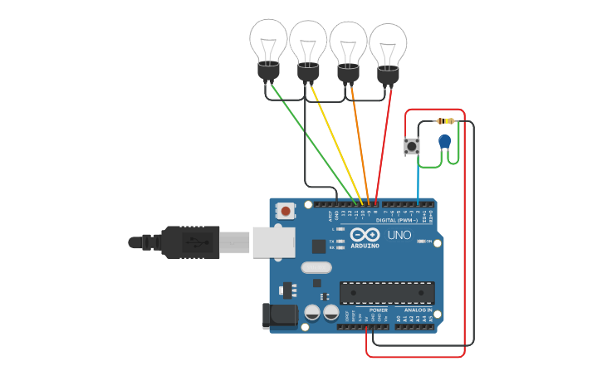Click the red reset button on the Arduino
(x=286, y=211)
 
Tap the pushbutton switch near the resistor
(x=411, y=146)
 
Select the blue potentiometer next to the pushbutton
(x=445, y=141)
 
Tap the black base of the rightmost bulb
(x=388, y=76)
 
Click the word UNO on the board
(x=399, y=235)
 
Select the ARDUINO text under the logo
(x=365, y=246)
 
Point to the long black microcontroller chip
(x=387, y=292)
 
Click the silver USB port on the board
(x=273, y=242)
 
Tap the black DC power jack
(x=279, y=315)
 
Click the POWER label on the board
(x=379, y=310)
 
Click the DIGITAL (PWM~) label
(x=397, y=220)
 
